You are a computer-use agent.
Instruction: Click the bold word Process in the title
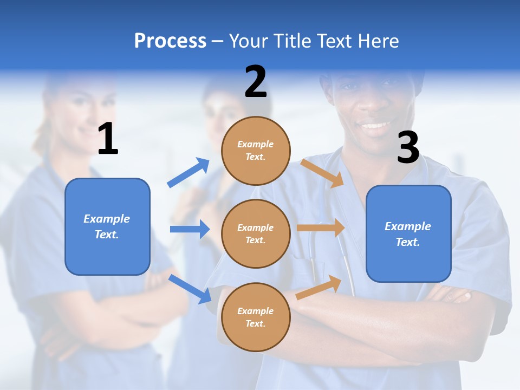click(x=170, y=41)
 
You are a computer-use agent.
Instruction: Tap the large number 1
click(x=108, y=139)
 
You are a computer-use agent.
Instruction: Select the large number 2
click(x=256, y=82)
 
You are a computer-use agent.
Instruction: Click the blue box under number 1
click(x=107, y=226)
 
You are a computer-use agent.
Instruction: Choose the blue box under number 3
click(x=408, y=233)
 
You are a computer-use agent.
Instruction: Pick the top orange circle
click(x=256, y=151)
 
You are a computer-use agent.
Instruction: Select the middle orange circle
click(x=256, y=233)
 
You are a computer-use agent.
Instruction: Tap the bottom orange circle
click(x=256, y=317)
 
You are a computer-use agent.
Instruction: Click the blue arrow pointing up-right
click(x=188, y=173)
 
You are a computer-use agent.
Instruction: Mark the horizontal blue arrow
click(x=190, y=229)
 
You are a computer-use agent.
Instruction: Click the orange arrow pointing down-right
click(x=322, y=173)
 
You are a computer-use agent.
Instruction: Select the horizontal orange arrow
click(x=321, y=227)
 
